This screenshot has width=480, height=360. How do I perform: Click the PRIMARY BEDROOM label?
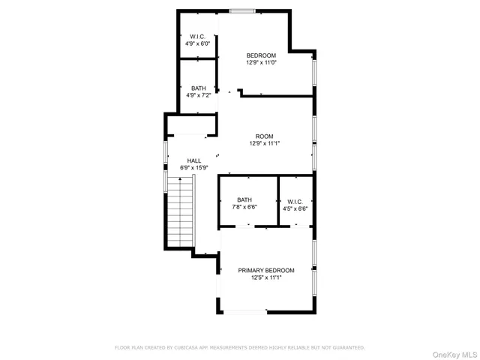coord(265,270)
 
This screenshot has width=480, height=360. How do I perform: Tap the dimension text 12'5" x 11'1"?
coord(265,277)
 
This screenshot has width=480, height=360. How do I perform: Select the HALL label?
coord(193,160)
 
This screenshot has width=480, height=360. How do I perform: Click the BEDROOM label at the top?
coord(261,55)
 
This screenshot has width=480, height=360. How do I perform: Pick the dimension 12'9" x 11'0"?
coord(261,63)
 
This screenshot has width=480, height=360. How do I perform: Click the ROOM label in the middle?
coord(263,136)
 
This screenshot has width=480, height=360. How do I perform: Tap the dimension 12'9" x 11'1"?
coord(263,144)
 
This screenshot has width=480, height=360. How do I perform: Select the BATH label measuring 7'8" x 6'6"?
coord(244,199)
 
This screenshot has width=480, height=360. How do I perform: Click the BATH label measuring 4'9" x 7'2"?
coord(198,88)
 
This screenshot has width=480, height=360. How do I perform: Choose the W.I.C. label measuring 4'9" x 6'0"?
coord(197,37)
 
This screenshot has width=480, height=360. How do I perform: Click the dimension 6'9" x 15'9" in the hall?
coord(193,168)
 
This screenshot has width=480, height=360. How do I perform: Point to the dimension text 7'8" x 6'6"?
coord(244,207)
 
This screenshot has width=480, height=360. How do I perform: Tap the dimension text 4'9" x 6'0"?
coord(197,44)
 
